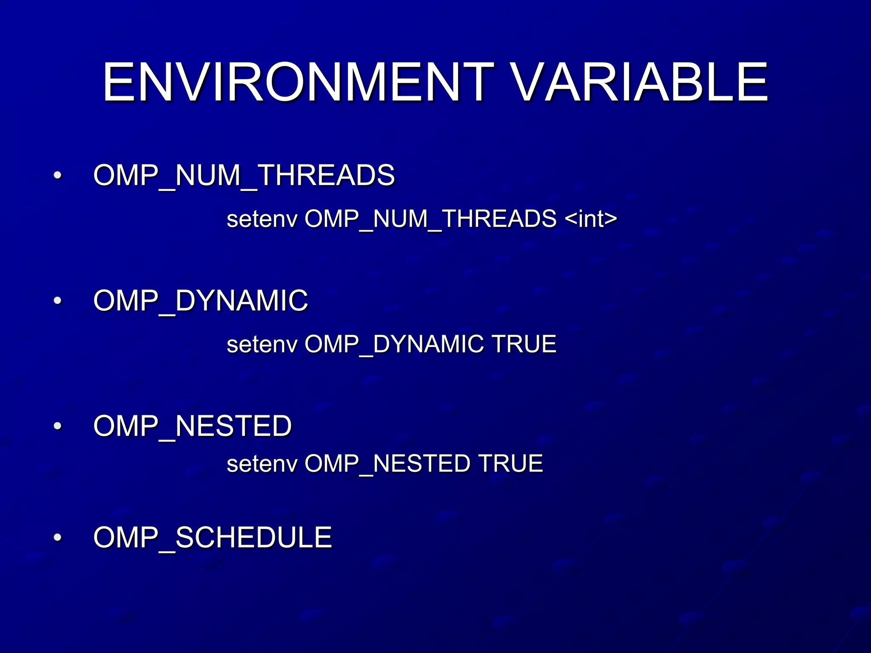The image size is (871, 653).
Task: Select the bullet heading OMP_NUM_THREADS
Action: pyautogui.click(x=244, y=175)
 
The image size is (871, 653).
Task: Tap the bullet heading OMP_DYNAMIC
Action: pyautogui.click(x=200, y=301)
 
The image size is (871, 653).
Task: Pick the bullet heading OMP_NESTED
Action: pyautogui.click(x=192, y=426)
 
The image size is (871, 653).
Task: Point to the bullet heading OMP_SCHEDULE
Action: pyautogui.click(x=212, y=537)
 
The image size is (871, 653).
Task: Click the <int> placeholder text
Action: pyautogui.click(x=591, y=219)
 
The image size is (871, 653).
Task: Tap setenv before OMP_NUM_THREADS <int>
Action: pyautogui.click(x=262, y=219)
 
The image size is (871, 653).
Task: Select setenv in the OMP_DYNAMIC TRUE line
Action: pyautogui.click(x=262, y=344)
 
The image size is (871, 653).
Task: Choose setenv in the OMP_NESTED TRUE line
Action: pyautogui.click(x=262, y=464)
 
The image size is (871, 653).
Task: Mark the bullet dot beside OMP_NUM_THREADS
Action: pyautogui.click(x=58, y=175)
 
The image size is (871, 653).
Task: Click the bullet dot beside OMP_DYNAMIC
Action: pyautogui.click(x=58, y=301)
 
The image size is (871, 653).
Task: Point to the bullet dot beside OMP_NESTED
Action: pyautogui.click(x=58, y=426)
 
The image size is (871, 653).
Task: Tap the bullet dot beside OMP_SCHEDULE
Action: pyautogui.click(x=58, y=538)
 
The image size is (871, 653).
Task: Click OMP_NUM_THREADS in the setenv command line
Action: pyautogui.click(x=430, y=219)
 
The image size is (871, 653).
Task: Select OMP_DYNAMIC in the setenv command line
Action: pyautogui.click(x=394, y=344)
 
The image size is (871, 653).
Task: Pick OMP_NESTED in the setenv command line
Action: pyautogui.click(x=387, y=464)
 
